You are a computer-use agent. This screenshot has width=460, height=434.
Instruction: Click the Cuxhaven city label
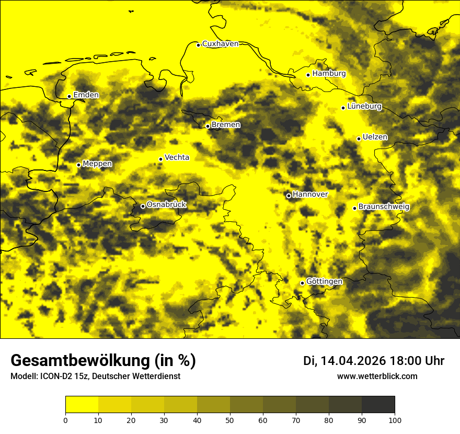point(220,44)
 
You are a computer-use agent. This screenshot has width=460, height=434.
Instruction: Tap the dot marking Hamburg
point(308,75)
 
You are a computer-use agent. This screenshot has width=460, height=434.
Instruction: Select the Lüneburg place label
point(364,107)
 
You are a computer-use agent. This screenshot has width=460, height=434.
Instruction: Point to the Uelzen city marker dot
point(359,139)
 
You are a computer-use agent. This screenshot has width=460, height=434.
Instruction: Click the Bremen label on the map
point(226,125)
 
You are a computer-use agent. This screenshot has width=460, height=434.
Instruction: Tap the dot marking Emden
point(69,96)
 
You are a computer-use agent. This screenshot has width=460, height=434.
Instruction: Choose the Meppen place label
point(97,164)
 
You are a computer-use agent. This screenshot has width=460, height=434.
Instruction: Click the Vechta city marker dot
point(160,159)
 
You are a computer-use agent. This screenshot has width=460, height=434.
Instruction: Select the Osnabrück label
point(166,205)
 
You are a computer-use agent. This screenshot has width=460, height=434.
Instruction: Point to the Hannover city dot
point(289,196)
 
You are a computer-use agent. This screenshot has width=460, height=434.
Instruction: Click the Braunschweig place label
point(384,207)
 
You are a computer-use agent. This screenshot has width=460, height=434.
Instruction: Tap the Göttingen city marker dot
point(302,283)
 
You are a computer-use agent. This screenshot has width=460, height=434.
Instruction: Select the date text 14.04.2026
point(353,361)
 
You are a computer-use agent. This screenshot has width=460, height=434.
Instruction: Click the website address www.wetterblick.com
point(377,376)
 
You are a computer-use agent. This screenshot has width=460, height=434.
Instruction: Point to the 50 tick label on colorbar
point(230,419)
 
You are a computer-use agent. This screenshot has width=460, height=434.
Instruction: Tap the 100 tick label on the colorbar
point(395,419)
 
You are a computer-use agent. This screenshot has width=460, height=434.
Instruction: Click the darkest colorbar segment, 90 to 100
point(378,405)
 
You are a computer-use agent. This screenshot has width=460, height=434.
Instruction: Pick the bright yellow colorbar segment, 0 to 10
point(82,405)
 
